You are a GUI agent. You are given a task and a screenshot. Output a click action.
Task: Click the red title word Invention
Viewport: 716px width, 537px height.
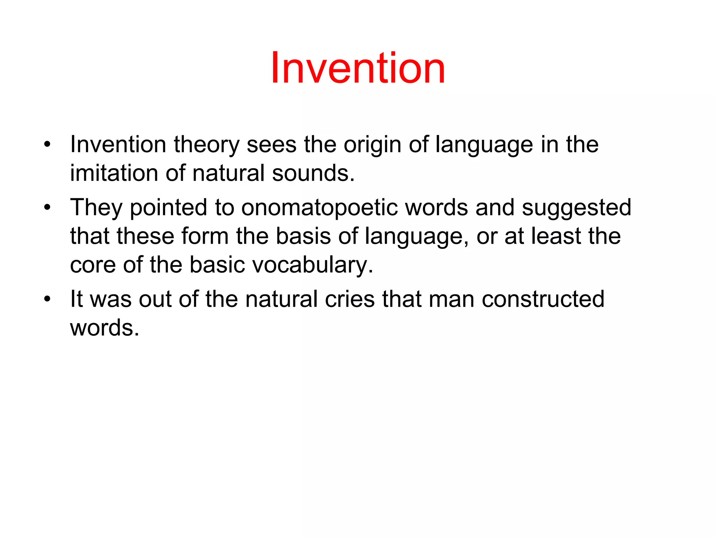pyautogui.click(x=358, y=68)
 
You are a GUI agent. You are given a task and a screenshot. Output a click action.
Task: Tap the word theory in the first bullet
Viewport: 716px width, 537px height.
pyautogui.click(x=206, y=145)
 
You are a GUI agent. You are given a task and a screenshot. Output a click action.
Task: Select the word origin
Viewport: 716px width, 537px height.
pyautogui.click(x=372, y=145)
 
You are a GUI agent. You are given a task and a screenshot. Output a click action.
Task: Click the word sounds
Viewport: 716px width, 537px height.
pyautogui.click(x=313, y=173)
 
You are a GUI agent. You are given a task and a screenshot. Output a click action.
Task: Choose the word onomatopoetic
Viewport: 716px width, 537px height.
pyautogui.click(x=319, y=208)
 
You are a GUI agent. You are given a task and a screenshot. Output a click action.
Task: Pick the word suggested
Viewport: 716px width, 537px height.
pyautogui.click(x=577, y=208)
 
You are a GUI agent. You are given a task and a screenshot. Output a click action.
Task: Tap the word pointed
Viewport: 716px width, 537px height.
pyautogui.click(x=169, y=208)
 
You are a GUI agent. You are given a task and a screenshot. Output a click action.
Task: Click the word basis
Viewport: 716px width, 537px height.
pyautogui.click(x=303, y=236)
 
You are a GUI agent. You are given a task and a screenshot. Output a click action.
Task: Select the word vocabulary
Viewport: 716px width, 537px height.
pyautogui.click(x=313, y=265)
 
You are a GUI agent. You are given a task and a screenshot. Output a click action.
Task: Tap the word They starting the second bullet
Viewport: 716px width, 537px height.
pyautogui.click(x=96, y=208)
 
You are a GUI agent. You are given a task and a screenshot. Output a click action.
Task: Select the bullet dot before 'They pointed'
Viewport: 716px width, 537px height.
pyautogui.click(x=48, y=207)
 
